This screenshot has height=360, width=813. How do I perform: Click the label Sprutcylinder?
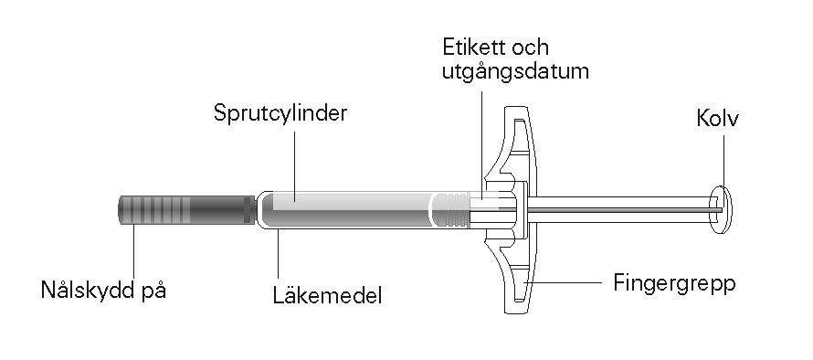tap(280, 113)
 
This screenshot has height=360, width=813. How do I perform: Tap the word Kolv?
tap(718, 118)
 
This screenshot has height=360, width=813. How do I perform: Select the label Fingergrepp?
tap(674, 285)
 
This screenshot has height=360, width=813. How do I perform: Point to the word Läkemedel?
tap(327, 296)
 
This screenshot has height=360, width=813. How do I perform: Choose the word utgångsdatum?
tap(515, 71)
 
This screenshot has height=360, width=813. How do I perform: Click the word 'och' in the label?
tap(530, 48)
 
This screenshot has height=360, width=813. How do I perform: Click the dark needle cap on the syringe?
tap(187, 209)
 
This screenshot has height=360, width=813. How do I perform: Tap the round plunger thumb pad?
tap(721, 209)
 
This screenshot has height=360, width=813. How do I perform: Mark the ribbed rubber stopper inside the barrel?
tap(449, 209)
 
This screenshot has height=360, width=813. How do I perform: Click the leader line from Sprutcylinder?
tap(295, 165)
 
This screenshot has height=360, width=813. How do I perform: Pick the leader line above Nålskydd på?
tap(133, 251)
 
